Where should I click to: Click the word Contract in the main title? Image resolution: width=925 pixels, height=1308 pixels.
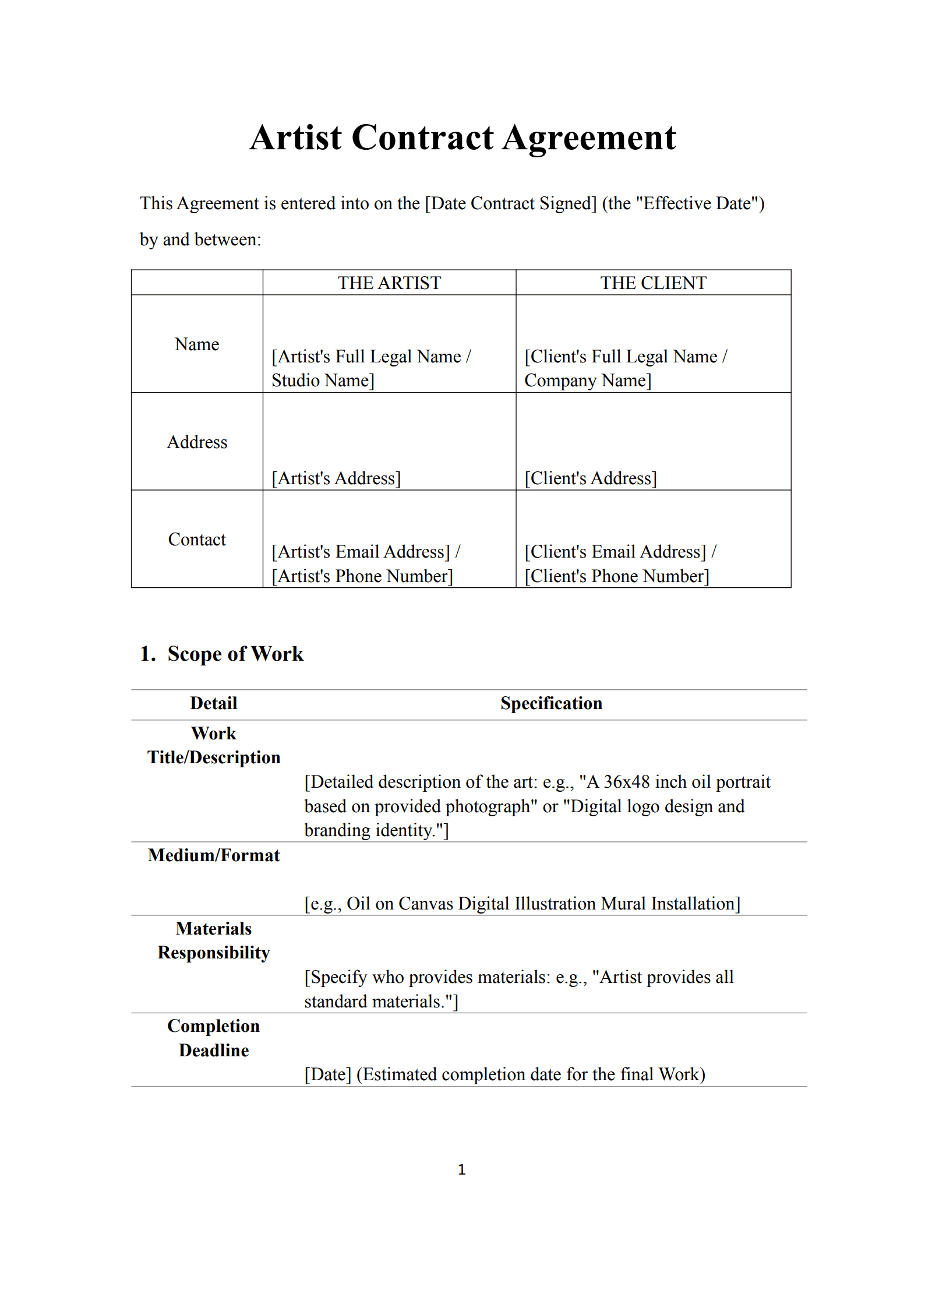click(x=423, y=139)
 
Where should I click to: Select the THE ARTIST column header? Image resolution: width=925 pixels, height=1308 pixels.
click(x=389, y=283)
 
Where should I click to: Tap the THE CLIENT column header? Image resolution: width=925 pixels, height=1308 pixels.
click(x=653, y=283)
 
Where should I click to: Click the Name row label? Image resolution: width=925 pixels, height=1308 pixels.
click(x=197, y=344)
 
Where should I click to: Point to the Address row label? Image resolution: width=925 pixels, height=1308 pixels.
click(x=197, y=442)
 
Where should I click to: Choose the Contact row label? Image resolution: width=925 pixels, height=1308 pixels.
click(x=197, y=540)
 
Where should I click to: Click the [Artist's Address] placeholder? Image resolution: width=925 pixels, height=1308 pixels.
click(x=336, y=478)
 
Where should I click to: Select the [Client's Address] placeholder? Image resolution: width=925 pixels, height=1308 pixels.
click(x=590, y=478)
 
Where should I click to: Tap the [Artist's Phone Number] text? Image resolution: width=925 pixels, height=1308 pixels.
click(x=362, y=576)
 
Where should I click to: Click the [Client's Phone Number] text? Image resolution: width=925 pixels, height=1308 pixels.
click(x=616, y=576)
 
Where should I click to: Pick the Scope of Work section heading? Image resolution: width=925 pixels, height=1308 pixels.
click(x=235, y=654)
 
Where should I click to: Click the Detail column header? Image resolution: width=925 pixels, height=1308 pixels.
click(x=213, y=703)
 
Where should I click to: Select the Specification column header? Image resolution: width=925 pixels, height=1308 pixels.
click(x=551, y=703)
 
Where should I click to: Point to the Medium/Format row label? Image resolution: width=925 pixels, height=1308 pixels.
click(x=213, y=855)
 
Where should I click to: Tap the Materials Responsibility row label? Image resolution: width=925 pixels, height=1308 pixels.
click(x=213, y=940)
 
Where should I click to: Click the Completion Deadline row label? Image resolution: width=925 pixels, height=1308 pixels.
click(x=213, y=1038)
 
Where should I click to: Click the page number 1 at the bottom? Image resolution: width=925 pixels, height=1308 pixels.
click(x=462, y=1169)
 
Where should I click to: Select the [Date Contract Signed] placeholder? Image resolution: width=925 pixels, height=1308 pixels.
click(x=511, y=203)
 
